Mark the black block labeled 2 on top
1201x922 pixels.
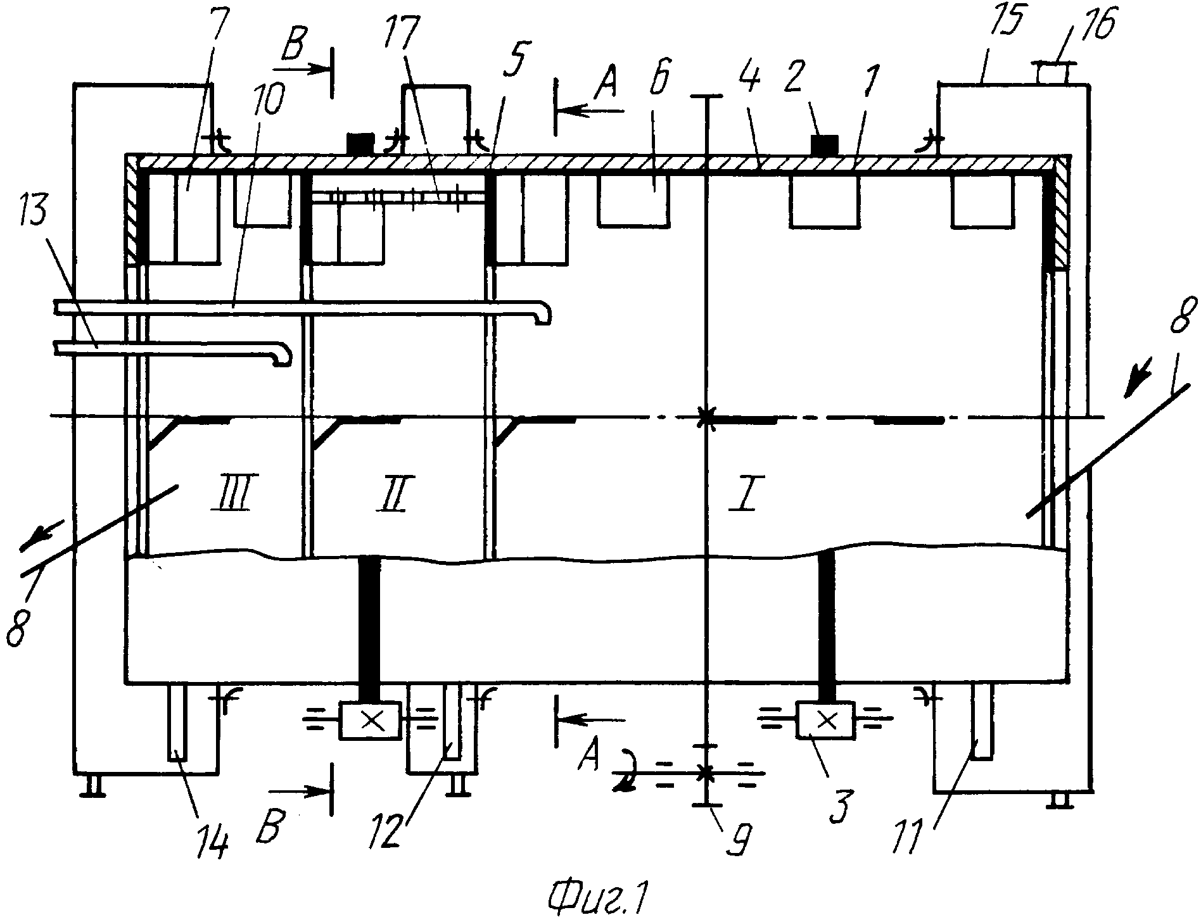824,144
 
